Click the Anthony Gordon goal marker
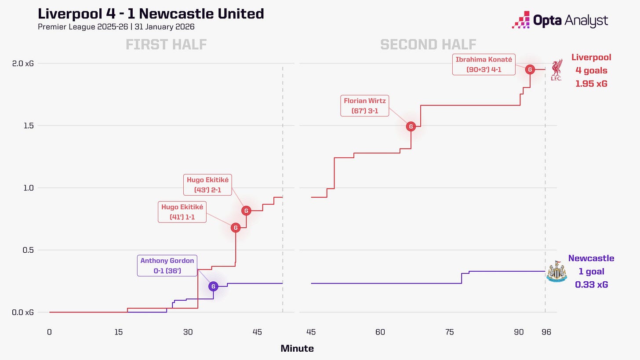click(213, 287)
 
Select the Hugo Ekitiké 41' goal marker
click(236, 228)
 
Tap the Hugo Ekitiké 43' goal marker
click(246, 211)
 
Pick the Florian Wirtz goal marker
click(411, 127)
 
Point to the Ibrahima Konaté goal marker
click(530, 69)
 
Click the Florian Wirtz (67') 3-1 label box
click(365, 106)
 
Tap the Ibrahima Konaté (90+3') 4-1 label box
click(484, 65)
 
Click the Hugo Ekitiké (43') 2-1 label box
click(208, 185)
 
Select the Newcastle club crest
click(556, 271)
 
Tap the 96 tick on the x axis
click(546, 332)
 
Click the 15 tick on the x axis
click(118, 332)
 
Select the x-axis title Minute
click(297, 349)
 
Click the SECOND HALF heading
click(428, 45)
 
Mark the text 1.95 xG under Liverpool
click(591, 84)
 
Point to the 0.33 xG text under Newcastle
click(591, 285)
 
